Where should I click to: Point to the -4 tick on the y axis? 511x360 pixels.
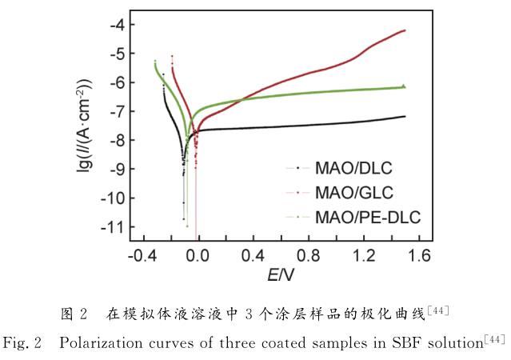point(117,24)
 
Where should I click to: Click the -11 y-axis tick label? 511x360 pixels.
point(113,227)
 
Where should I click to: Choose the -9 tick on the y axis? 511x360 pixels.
point(117,169)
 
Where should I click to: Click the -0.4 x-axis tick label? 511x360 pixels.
point(142,256)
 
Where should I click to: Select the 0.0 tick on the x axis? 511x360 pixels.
point(197,256)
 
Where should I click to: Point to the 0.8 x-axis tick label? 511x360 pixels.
point(309,256)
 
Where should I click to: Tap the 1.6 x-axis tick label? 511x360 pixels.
point(421,256)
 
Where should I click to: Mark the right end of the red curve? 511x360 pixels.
point(405,30)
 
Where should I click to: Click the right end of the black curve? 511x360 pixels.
point(405,116)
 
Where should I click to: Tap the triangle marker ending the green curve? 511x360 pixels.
point(404,86)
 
